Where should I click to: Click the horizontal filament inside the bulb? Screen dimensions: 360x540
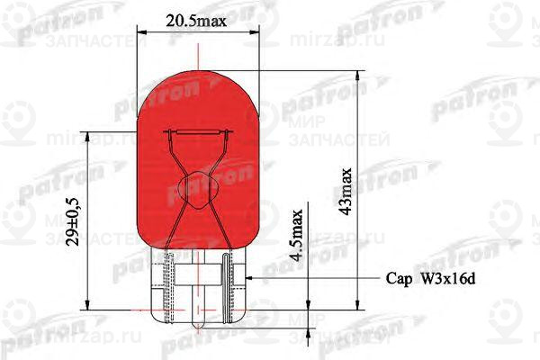(x=196, y=136)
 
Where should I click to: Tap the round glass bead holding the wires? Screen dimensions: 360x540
(x=196, y=187)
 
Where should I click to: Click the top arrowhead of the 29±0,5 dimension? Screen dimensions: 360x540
(x=87, y=137)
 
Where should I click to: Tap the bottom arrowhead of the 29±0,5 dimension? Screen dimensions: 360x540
(x=87, y=304)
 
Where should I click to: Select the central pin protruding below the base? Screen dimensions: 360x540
(x=196, y=315)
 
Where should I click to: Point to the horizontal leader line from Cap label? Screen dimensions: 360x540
(x=315, y=279)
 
